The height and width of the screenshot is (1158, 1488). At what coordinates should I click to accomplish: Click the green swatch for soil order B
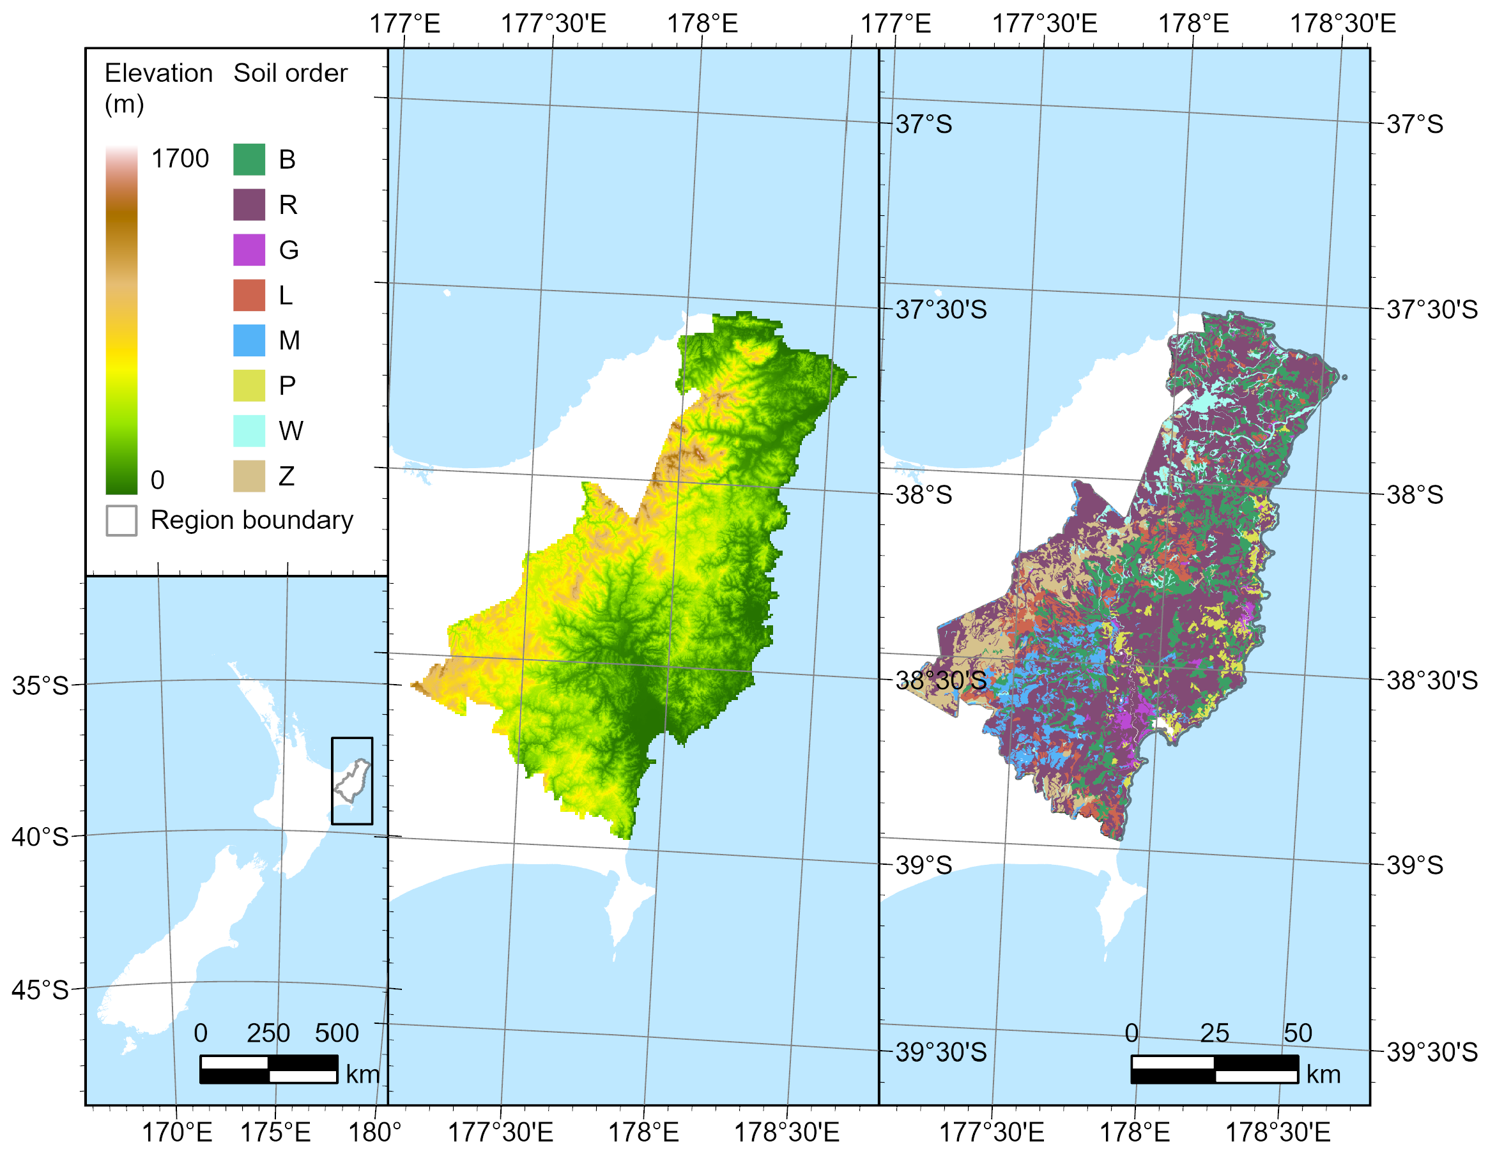pyautogui.click(x=249, y=160)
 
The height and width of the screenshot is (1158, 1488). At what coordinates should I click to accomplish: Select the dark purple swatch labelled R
pyautogui.click(x=249, y=204)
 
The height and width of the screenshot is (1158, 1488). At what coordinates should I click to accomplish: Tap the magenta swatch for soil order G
pyautogui.click(x=249, y=249)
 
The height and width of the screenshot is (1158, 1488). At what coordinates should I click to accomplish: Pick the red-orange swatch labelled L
pyautogui.click(x=249, y=295)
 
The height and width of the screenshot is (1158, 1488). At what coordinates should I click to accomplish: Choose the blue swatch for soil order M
pyautogui.click(x=249, y=340)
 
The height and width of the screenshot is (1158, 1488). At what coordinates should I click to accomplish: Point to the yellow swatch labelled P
pyautogui.click(x=249, y=386)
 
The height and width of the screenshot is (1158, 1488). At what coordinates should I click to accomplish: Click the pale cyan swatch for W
pyautogui.click(x=249, y=430)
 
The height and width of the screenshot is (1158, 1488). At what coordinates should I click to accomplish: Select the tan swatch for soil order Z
pyautogui.click(x=249, y=475)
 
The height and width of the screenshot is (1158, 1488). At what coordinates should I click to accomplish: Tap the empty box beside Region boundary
pyautogui.click(x=121, y=521)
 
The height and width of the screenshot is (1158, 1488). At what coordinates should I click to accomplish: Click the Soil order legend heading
pyautogui.click(x=290, y=73)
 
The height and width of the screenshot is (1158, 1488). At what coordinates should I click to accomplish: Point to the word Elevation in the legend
pyautogui.click(x=158, y=73)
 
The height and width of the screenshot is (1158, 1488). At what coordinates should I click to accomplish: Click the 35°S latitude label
pyautogui.click(x=40, y=685)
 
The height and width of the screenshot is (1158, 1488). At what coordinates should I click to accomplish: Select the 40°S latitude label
pyautogui.click(x=40, y=837)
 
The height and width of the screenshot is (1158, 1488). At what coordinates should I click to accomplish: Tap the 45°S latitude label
pyautogui.click(x=40, y=990)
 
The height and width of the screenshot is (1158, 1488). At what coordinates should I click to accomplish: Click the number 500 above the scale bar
pyautogui.click(x=337, y=1033)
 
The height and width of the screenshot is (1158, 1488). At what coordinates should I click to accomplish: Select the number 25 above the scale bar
pyautogui.click(x=1214, y=1033)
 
